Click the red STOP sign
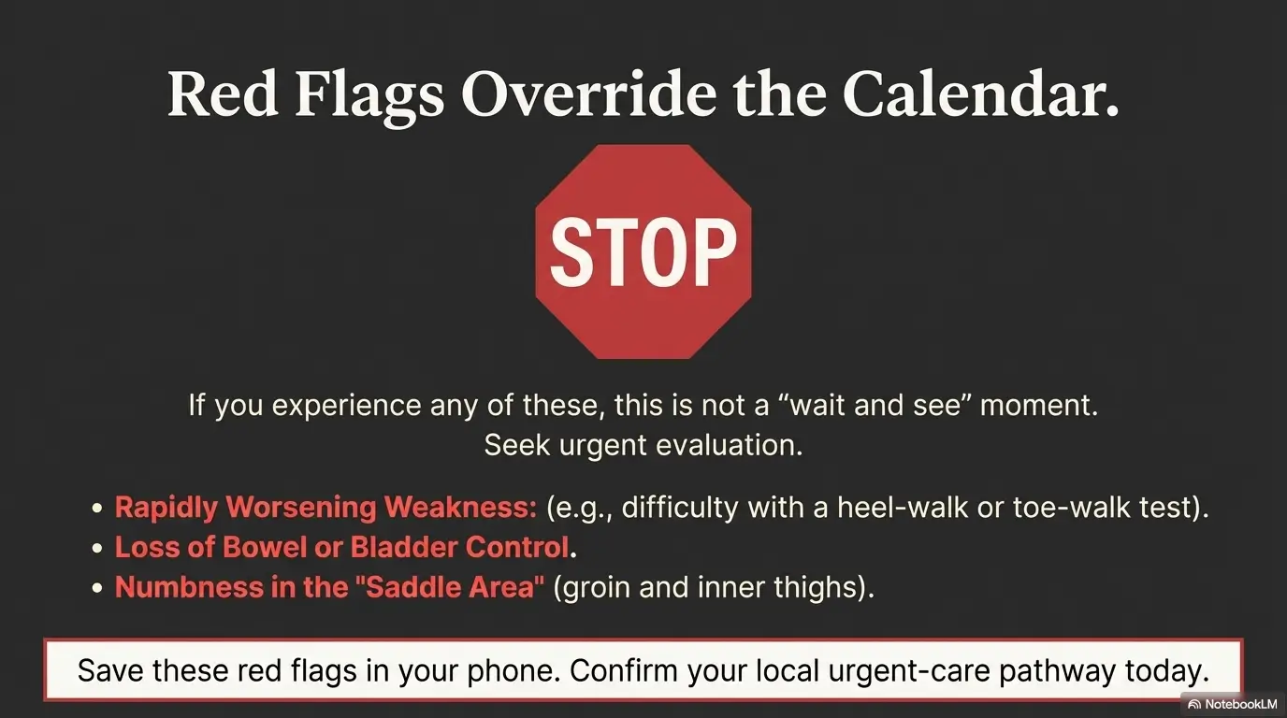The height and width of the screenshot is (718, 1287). click(x=643, y=251)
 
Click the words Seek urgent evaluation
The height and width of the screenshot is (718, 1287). click(x=643, y=445)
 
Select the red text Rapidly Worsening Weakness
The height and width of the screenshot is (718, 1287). click(x=325, y=508)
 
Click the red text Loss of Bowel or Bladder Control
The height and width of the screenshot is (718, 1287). click(x=342, y=547)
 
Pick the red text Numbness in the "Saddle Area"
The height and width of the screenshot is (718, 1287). click(x=329, y=587)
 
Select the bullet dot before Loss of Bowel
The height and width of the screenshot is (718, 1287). click(x=97, y=548)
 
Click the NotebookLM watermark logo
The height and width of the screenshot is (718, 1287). click(x=1193, y=704)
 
